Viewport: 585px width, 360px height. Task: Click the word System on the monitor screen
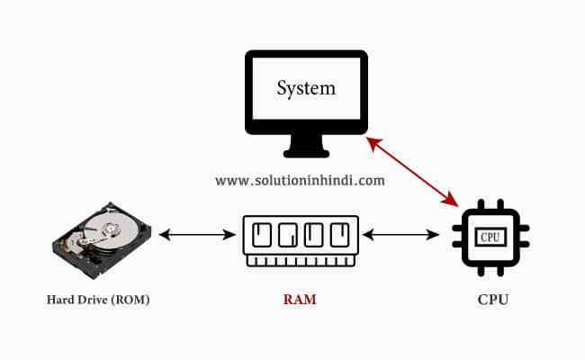(x=306, y=89)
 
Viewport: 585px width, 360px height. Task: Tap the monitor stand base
(x=306, y=153)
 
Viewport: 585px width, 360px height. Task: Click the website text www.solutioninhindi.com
(x=300, y=181)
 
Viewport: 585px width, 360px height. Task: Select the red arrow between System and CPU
(x=412, y=172)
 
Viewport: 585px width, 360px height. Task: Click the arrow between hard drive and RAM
(x=197, y=235)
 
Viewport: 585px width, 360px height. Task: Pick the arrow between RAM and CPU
(x=400, y=235)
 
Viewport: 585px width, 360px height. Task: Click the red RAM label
(x=300, y=300)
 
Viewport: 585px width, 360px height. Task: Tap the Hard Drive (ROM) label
(x=98, y=300)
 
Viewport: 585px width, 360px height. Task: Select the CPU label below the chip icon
(x=493, y=300)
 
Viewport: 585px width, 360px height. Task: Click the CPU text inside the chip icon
(x=490, y=237)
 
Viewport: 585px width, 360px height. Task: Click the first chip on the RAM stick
(x=262, y=235)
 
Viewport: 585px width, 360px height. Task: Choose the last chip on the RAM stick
(x=340, y=235)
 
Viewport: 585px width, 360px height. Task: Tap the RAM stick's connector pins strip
(x=301, y=261)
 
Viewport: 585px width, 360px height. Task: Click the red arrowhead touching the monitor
(x=373, y=143)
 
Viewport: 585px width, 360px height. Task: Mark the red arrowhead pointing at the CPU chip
(x=451, y=200)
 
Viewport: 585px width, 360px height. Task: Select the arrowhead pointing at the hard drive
(x=165, y=235)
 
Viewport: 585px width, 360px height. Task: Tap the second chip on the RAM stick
(x=288, y=235)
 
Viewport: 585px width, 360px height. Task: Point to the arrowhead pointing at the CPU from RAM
(x=433, y=235)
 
